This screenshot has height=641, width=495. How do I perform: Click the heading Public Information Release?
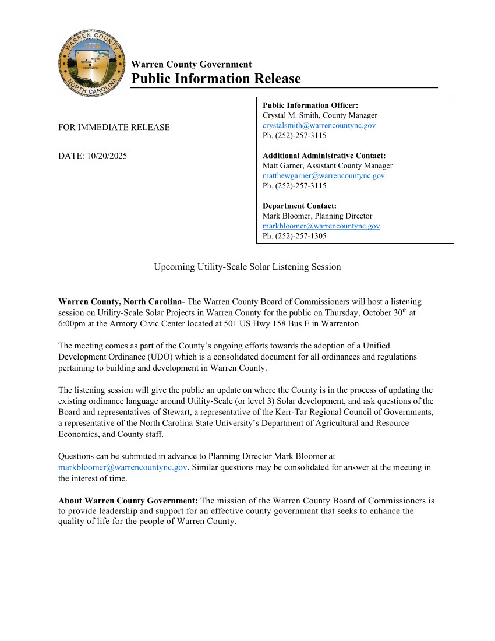(216, 79)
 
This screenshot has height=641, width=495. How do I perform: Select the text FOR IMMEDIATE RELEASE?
(114, 127)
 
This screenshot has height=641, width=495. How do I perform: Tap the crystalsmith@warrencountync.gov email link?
(319, 125)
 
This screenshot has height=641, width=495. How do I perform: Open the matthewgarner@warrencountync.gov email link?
(323, 175)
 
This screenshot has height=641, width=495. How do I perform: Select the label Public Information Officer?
(310, 105)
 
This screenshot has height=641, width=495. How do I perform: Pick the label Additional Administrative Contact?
(324, 156)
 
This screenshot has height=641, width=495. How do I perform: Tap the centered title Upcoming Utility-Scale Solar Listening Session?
(247, 267)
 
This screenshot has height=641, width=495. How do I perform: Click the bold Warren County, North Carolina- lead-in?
(122, 301)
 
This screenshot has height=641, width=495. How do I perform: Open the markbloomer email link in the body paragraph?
(123, 467)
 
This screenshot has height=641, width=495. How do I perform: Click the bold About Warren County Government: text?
(128, 501)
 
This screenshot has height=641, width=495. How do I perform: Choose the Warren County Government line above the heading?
(192, 65)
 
